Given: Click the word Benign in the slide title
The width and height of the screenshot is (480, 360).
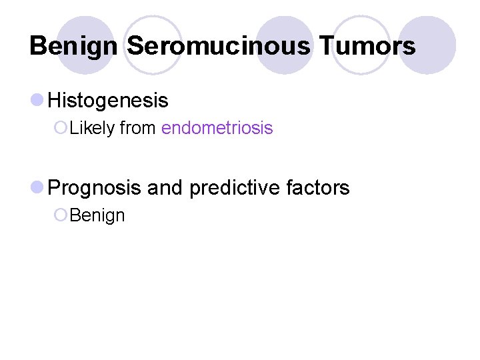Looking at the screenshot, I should pyautogui.click(x=75, y=47).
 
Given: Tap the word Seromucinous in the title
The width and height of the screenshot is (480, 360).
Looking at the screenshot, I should pyautogui.click(x=218, y=47).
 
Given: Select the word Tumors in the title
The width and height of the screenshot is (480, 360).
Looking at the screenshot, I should pyautogui.click(x=367, y=47).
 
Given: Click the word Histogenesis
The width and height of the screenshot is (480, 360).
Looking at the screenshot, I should pyautogui.click(x=109, y=101).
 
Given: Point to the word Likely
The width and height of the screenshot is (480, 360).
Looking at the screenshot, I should pyautogui.click(x=92, y=128).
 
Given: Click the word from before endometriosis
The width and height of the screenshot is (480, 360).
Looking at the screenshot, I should pyautogui.click(x=139, y=128).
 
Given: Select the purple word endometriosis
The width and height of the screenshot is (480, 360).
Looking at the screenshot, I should pyautogui.click(x=217, y=128).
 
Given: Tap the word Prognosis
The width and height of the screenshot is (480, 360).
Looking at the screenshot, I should pyautogui.click(x=95, y=188).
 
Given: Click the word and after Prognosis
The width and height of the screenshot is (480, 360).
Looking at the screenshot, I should pyautogui.click(x=165, y=188).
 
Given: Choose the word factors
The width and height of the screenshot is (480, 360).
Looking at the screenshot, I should pyautogui.click(x=319, y=188).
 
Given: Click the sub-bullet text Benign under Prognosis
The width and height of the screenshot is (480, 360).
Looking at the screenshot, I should pyautogui.click(x=97, y=215).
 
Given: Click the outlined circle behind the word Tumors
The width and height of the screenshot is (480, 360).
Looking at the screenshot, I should pyautogui.click(x=360, y=44).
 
